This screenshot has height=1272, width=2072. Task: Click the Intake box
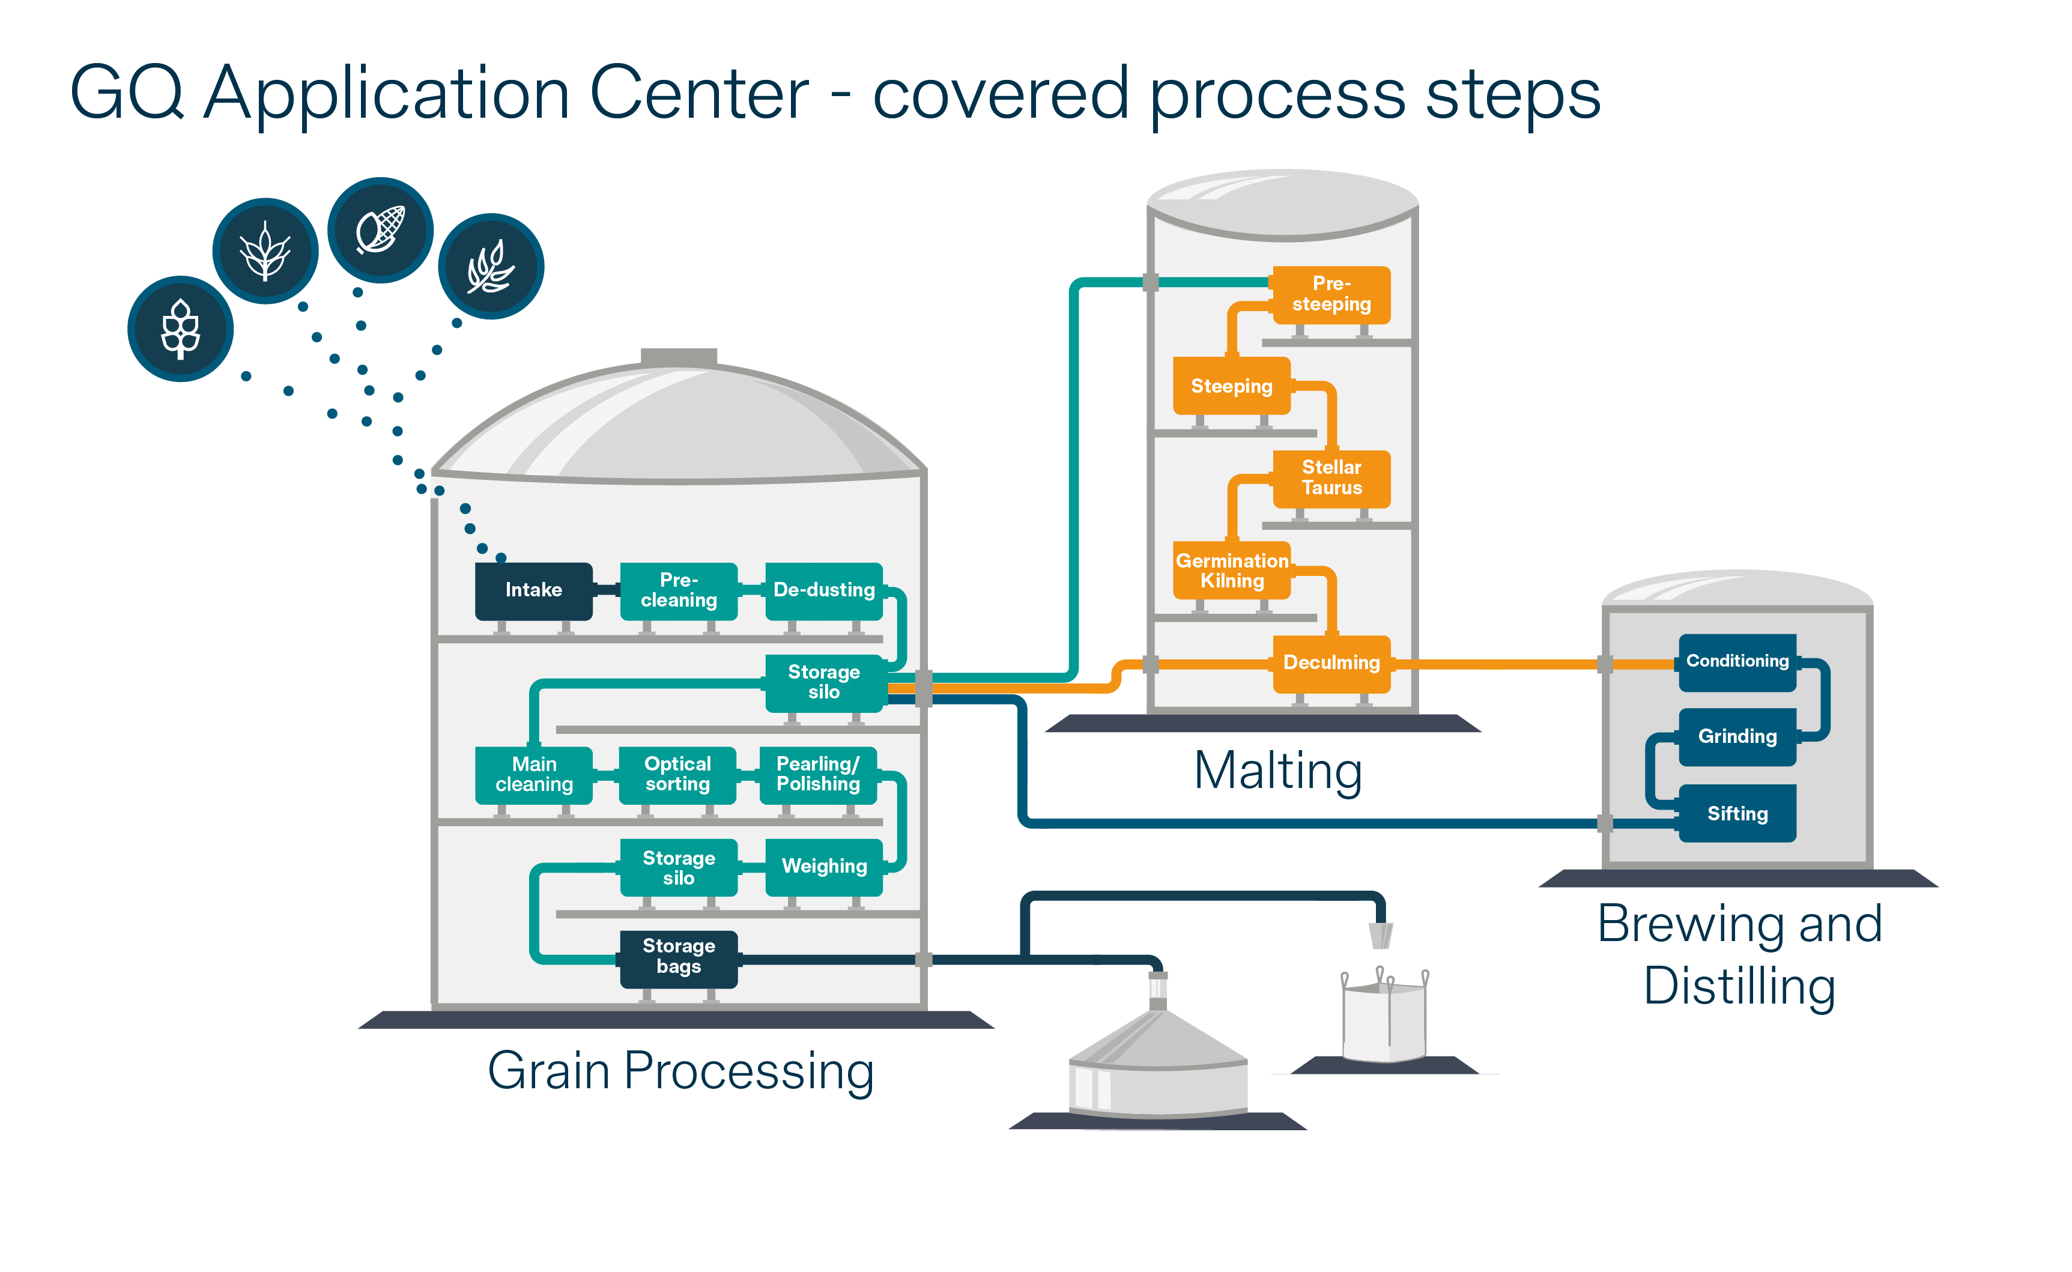point(533,590)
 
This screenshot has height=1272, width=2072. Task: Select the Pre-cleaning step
point(678,590)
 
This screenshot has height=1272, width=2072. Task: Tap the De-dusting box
point(823,590)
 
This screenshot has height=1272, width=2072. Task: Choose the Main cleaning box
point(533,775)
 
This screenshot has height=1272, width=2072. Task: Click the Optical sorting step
point(677,775)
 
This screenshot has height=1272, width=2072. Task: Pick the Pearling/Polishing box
point(819,775)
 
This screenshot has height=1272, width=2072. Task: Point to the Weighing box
point(823,867)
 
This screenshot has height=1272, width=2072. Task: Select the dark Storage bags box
point(678,959)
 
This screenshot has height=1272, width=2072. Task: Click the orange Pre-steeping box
point(1331,294)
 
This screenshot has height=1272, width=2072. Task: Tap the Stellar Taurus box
point(1331,479)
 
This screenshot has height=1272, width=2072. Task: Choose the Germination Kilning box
point(1232,571)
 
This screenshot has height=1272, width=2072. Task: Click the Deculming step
point(1331,664)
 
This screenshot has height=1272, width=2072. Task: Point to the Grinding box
point(1737,737)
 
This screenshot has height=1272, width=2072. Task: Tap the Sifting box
point(1737,814)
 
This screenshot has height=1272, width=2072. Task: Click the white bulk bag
point(1384,1016)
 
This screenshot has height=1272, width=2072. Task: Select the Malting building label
point(1278,772)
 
